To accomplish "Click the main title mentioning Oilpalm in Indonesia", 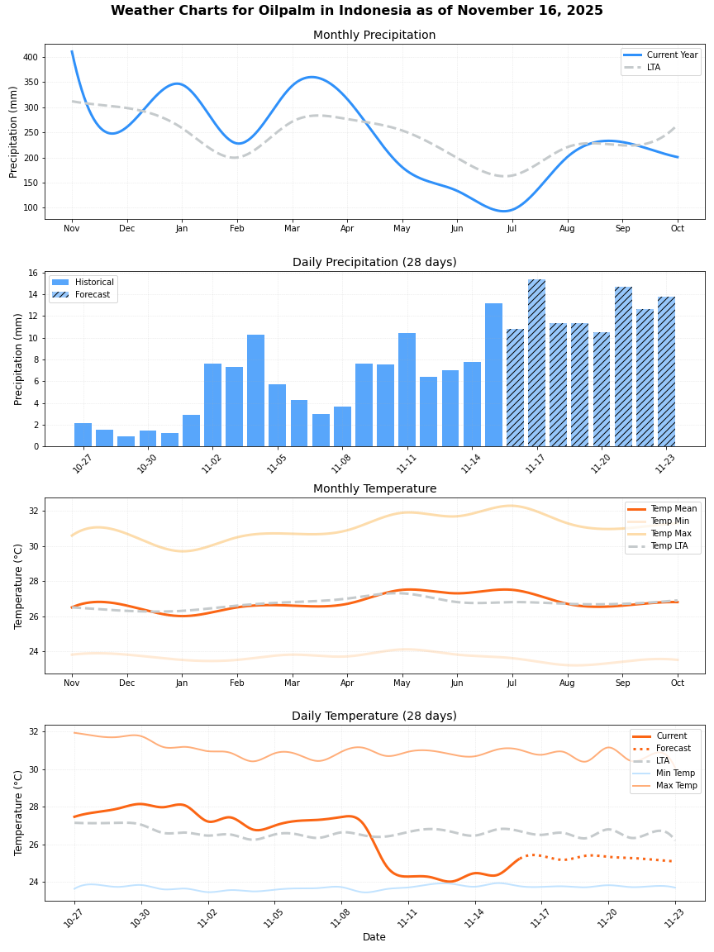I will (x=357, y=11).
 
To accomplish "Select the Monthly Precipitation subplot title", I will (x=374, y=36).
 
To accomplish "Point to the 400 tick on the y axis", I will (x=30, y=57).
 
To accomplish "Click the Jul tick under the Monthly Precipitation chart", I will (x=512, y=228).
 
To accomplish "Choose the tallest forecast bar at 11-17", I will (x=537, y=363).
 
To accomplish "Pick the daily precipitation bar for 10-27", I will (x=83, y=435).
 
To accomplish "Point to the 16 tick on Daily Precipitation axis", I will (x=33, y=273).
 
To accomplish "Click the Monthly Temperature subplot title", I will (x=374, y=489).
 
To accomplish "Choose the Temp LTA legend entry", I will (x=669, y=546).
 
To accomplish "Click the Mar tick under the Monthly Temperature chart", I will (x=292, y=683).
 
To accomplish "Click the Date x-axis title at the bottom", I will (x=374, y=937).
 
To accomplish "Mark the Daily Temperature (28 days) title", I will (x=374, y=716).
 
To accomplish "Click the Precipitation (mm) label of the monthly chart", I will (x=14, y=132).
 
